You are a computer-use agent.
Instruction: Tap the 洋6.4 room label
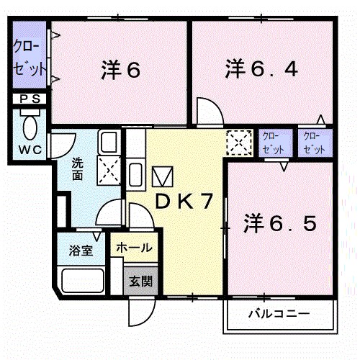pos(261,71)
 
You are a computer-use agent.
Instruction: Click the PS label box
pos(30,99)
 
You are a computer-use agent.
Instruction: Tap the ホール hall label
pos(134,248)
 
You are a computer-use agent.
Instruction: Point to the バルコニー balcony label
pos(279,315)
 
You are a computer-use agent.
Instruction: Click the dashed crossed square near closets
pos(238,141)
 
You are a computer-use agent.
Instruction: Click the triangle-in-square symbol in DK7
pos(163,176)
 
